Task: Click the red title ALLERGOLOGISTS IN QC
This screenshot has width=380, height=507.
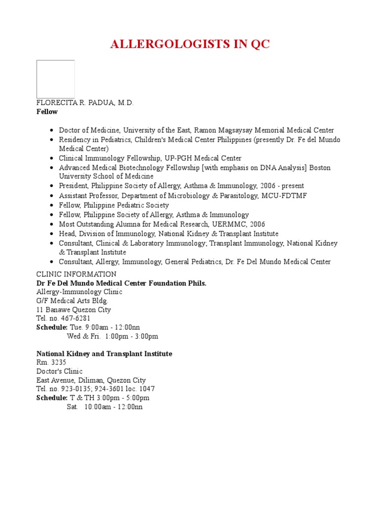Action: click(x=190, y=44)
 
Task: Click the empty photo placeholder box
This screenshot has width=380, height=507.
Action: click(x=55, y=79)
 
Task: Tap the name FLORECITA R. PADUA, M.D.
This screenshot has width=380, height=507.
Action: click(x=85, y=102)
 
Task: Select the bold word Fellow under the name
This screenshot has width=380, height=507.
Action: click(x=47, y=112)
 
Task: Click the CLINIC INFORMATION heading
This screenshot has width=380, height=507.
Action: click(x=76, y=274)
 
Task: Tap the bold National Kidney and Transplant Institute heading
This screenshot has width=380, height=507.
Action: click(x=104, y=354)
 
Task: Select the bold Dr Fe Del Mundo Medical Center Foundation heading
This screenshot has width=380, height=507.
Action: click(x=121, y=283)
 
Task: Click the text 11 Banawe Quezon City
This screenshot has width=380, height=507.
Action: click(x=74, y=309)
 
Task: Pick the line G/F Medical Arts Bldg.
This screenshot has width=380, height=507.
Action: click(x=72, y=301)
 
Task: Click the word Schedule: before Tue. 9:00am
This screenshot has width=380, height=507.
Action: click(x=51, y=327)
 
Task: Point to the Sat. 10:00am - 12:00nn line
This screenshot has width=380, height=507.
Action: click(x=105, y=406)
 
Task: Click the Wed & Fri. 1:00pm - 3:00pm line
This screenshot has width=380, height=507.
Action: click(x=112, y=336)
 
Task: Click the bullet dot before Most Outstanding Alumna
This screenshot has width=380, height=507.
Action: click(x=51, y=224)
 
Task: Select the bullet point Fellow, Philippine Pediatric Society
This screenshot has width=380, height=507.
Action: click(x=114, y=205)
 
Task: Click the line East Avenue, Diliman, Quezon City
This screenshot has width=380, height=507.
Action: click(x=91, y=380)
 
